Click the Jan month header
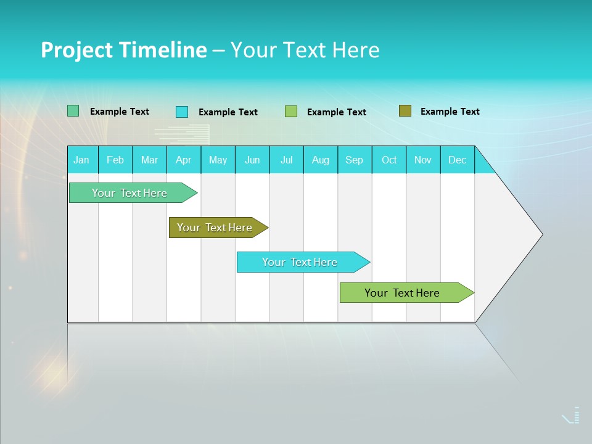coord(81,160)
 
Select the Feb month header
coord(115,160)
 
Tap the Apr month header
coord(184,160)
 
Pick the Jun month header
coord(252,160)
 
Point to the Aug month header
coord(321,160)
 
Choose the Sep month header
coord(355,160)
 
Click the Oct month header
coord(389,160)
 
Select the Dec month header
coord(458,160)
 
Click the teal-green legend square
coord(73,111)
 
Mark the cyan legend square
coord(182,112)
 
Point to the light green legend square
coord(291,112)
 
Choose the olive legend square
coord(405,111)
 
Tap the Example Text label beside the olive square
coord(450,112)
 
